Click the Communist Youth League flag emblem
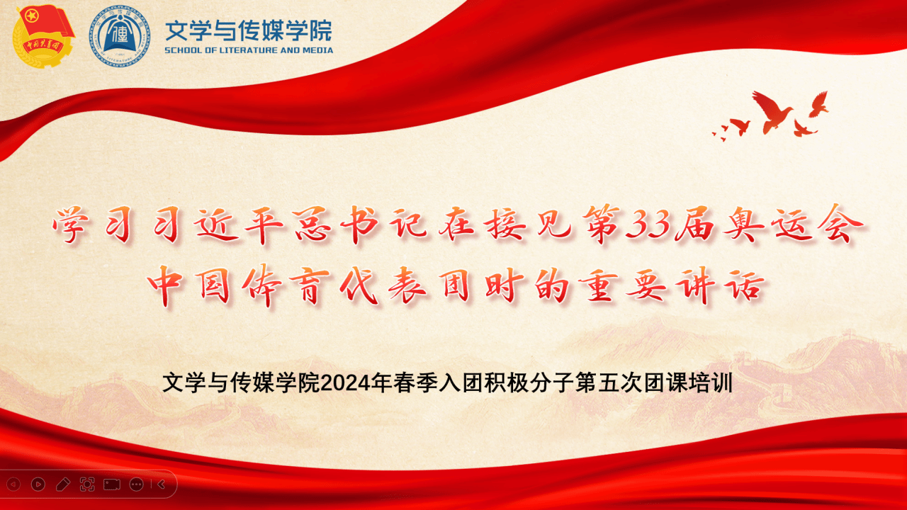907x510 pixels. click(43, 35)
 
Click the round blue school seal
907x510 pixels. click(120, 35)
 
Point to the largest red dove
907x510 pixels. click(772, 112)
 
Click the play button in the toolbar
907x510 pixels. click(38, 484)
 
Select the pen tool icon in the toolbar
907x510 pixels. click(63, 484)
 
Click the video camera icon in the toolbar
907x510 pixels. click(112, 484)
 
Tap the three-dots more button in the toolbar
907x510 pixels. click(137, 484)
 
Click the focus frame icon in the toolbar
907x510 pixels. click(87, 484)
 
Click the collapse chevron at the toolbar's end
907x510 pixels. click(161, 484)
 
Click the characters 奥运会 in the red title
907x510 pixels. click(793, 225)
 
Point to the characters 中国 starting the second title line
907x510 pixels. click(189, 285)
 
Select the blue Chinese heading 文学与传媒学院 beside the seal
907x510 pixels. click(249, 30)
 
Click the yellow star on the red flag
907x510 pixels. click(31, 16)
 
